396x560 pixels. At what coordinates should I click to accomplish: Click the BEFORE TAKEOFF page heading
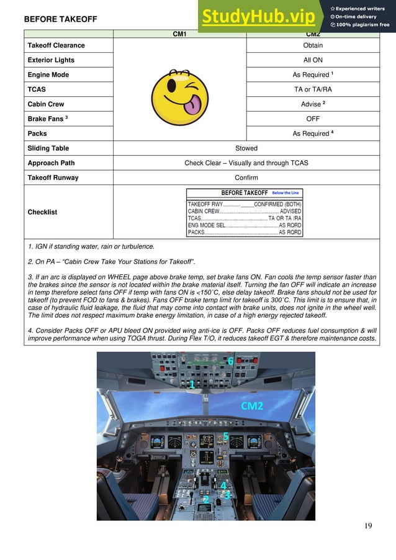point(60,19)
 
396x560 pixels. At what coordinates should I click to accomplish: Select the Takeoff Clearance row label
point(56,45)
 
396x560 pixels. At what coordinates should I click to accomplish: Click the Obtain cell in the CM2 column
point(312,45)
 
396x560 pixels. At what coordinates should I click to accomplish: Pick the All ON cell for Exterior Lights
point(312,60)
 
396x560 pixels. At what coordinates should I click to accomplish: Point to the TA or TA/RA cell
point(312,89)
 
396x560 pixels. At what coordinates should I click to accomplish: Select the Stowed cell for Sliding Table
point(246,148)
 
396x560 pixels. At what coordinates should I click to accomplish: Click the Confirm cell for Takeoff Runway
point(246,178)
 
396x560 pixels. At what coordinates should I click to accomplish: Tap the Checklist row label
point(42,212)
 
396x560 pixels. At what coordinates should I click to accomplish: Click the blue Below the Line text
point(286,193)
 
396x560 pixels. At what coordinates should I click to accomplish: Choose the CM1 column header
point(179,34)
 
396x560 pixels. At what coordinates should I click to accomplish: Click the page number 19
point(368,526)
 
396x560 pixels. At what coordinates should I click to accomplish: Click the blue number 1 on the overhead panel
point(192,386)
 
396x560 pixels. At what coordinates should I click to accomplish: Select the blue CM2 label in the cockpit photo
point(252,406)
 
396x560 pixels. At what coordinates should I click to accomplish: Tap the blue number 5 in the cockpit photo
point(226,436)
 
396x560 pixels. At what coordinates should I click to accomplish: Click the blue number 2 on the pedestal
point(206,499)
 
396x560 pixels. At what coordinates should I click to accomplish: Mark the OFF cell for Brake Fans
point(312,119)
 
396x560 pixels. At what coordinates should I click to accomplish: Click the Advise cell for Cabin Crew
point(312,104)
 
